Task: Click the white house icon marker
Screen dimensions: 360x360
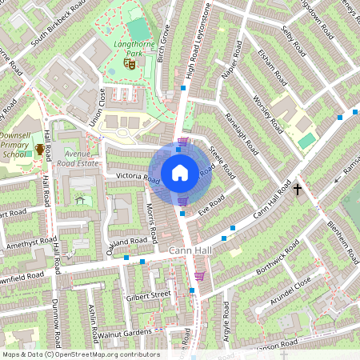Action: [x=180, y=172]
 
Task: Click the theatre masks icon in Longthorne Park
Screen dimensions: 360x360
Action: [x=129, y=64]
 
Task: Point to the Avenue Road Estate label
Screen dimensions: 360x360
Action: [x=78, y=158]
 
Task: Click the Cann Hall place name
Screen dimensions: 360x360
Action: [x=190, y=251]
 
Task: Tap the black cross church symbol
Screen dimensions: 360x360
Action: [x=298, y=190]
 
